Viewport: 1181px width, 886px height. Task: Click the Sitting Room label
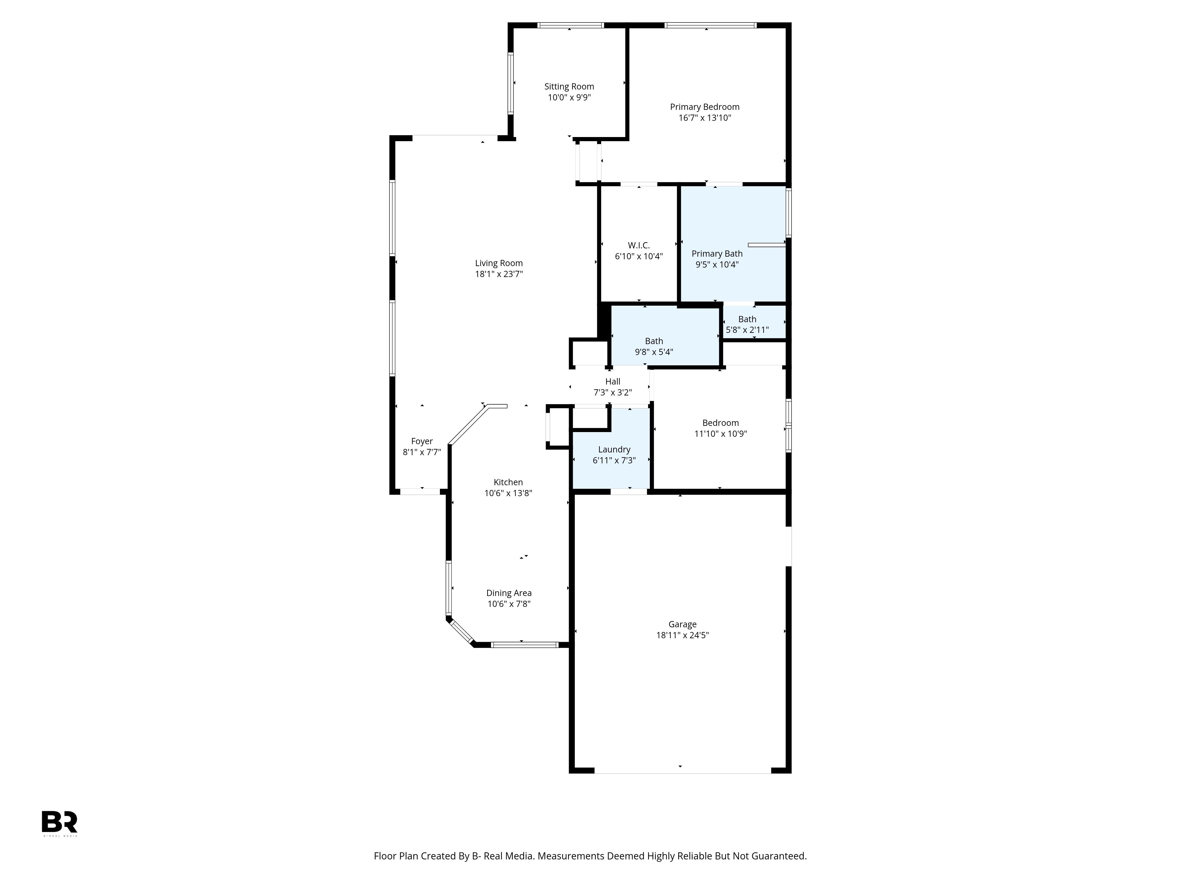click(569, 87)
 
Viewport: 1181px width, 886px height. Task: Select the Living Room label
click(499, 263)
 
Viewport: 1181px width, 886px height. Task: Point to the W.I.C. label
click(639, 246)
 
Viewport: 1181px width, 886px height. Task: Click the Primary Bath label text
click(717, 254)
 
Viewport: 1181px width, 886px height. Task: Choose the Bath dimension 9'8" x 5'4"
click(654, 352)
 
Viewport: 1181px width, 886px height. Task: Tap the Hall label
click(613, 381)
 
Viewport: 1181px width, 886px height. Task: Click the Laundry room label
click(614, 450)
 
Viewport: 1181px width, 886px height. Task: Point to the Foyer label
click(422, 442)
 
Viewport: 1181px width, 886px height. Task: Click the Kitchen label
click(508, 482)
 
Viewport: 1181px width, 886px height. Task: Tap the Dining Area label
click(509, 593)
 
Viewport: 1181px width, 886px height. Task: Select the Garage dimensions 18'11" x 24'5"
click(682, 636)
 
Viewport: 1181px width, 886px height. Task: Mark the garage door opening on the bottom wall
click(682, 771)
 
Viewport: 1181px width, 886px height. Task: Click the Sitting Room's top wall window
click(570, 25)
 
